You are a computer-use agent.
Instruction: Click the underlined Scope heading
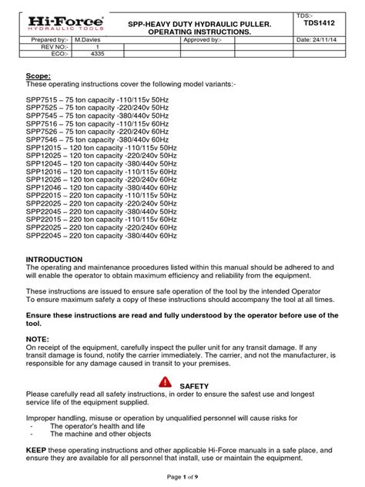pyautogui.click(x=39, y=76)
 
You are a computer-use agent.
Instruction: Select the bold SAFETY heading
pyautogui.click(x=193, y=385)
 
